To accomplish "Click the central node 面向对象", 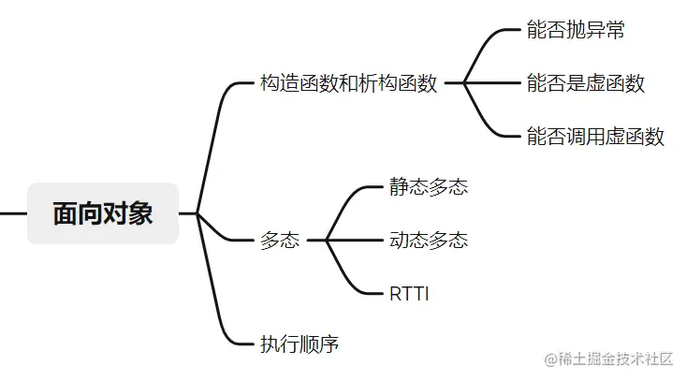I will tap(103, 213).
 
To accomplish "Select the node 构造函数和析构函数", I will tap(349, 83).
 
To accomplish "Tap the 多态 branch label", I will tap(280, 241).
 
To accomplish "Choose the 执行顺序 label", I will tap(299, 344).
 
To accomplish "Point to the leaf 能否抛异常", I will tap(576, 30).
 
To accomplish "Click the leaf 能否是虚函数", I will tap(586, 83).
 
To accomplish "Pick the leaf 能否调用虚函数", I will tap(595, 137).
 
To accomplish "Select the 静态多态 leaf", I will tap(429, 187).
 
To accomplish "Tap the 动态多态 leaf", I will tap(429, 241).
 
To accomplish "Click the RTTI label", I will tap(409, 293).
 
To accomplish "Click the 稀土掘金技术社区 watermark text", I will tap(609, 358).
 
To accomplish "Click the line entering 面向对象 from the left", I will tap(13, 213).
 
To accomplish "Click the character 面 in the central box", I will tap(66, 213).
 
